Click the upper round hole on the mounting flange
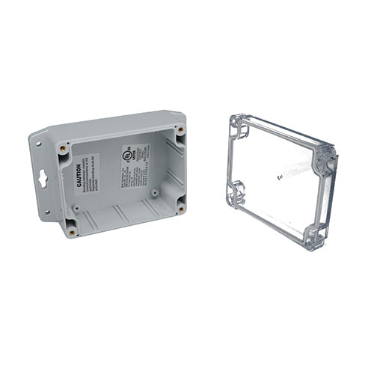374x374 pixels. [37, 141]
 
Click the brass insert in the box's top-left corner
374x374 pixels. [63, 148]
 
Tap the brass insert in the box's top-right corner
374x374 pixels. [180, 130]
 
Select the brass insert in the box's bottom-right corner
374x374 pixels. [180, 209]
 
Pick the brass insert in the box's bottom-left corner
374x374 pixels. [72, 231]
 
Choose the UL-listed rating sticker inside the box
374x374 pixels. [135, 169]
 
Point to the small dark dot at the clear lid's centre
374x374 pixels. [279, 177]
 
